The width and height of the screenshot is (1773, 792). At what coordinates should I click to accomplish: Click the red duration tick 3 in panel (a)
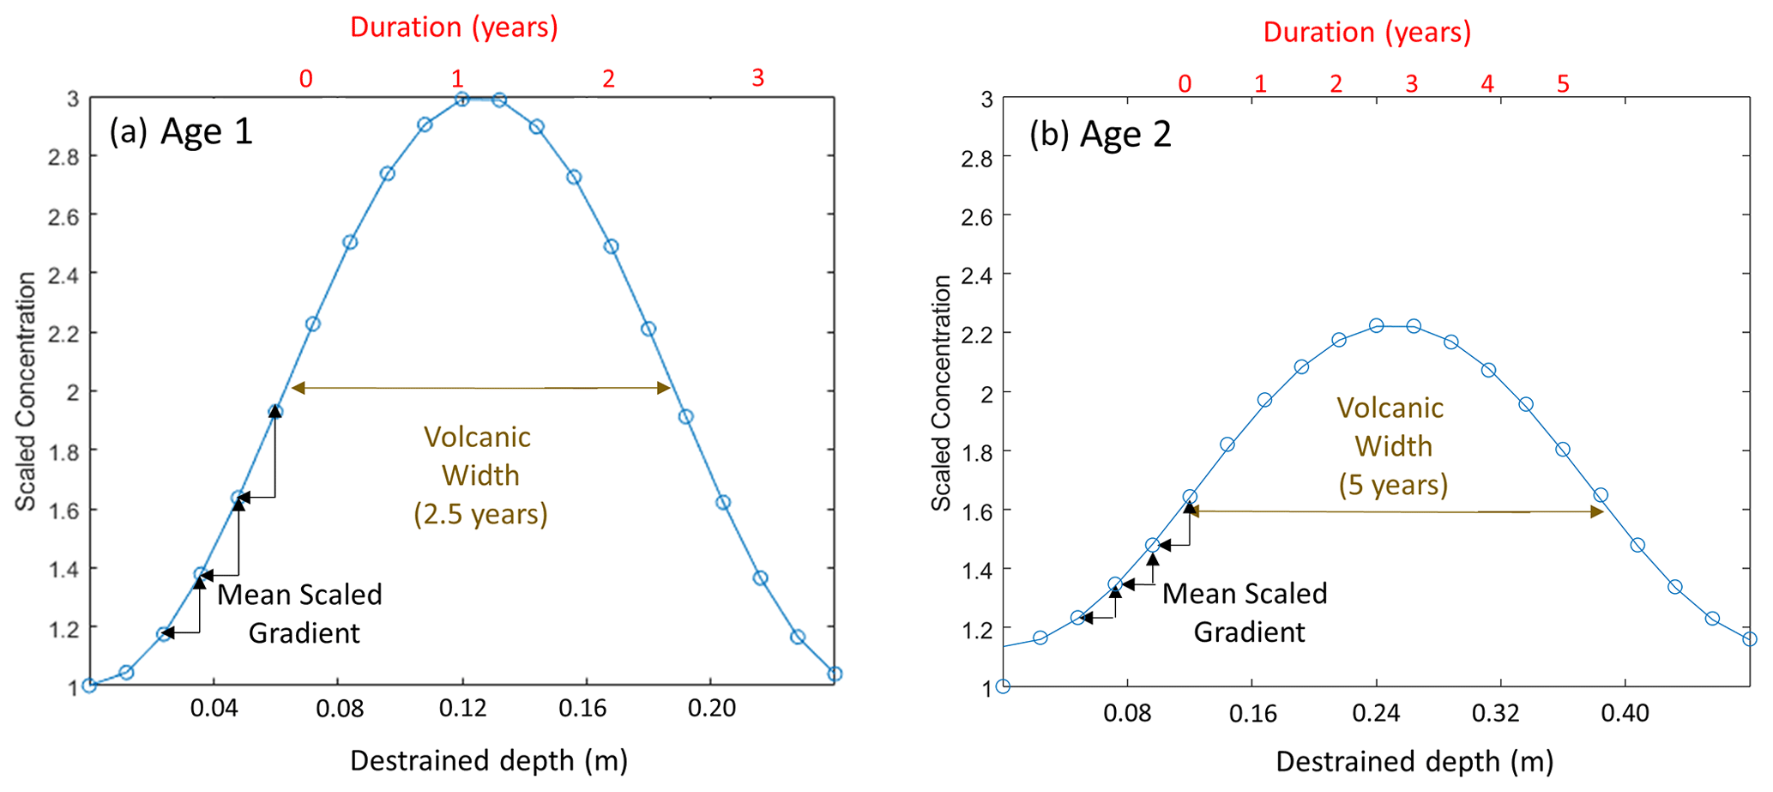coord(757,78)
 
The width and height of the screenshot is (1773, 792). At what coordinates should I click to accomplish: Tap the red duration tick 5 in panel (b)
coord(1563,83)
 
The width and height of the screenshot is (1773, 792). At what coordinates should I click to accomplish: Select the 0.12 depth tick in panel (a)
coord(462,709)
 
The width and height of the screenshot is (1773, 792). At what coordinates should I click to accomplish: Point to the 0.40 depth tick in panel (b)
coord(1625,713)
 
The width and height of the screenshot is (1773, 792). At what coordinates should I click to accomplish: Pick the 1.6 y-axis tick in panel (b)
coord(977,511)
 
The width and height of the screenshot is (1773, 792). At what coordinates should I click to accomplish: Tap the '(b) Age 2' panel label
coord(1101,134)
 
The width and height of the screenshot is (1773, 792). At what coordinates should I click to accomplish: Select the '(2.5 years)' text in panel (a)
coord(480,513)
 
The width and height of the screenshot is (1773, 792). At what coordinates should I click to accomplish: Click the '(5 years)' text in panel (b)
coord(1393,485)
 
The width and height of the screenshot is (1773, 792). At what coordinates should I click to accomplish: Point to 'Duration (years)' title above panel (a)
coord(454,27)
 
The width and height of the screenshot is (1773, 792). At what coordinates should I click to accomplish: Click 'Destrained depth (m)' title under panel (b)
coord(1414,761)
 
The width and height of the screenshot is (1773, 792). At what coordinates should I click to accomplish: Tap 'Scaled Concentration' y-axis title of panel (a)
coord(26,391)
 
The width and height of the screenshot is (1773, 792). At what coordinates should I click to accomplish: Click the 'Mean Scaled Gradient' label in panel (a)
coord(300,614)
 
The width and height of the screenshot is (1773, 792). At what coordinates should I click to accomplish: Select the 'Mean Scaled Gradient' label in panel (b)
coord(1245,613)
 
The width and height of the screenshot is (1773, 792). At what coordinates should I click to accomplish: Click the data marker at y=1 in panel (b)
coord(1003,686)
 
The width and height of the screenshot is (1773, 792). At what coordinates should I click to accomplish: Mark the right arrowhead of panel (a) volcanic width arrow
coord(664,388)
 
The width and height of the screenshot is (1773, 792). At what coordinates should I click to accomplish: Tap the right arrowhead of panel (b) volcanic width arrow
coord(1597,511)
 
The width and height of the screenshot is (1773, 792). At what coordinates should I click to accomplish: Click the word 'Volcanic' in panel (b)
coord(1390,408)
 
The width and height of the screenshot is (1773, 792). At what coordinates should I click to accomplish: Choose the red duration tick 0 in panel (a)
coord(305,79)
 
